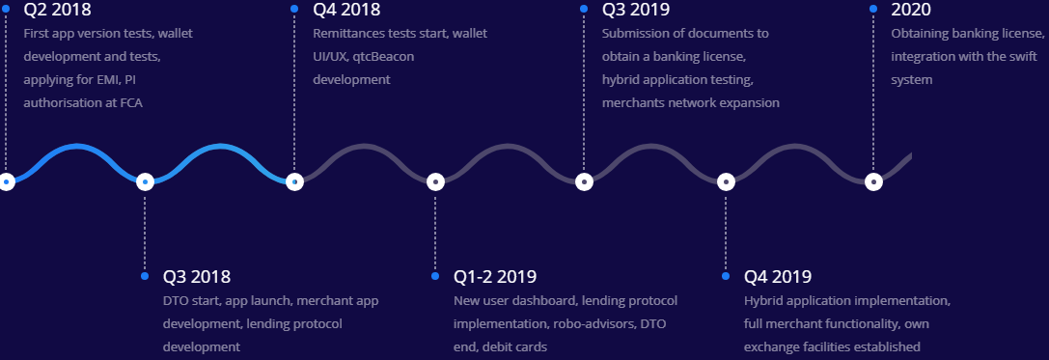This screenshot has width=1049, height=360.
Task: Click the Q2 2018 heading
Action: click(x=57, y=11)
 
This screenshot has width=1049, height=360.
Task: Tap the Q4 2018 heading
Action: click(x=346, y=11)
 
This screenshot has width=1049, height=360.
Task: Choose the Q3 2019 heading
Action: click(x=636, y=11)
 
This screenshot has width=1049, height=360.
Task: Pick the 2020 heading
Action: click(x=911, y=11)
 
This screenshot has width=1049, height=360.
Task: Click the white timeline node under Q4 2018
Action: click(x=294, y=180)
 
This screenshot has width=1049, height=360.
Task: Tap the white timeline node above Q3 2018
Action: click(x=145, y=180)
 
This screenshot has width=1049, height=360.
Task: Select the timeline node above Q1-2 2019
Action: click(x=435, y=180)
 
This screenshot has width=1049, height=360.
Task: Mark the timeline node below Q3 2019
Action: click(x=583, y=180)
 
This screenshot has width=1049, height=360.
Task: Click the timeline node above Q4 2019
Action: click(x=725, y=180)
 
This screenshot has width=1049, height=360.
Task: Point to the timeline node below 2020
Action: click(x=873, y=180)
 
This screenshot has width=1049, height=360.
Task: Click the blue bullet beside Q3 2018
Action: click(x=145, y=276)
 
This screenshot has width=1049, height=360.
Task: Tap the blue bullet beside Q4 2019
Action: click(x=725, y=276)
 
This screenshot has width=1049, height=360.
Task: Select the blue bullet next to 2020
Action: click(x=873, y=9)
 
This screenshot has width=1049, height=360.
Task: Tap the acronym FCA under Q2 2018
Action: click(x=130, y=102)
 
